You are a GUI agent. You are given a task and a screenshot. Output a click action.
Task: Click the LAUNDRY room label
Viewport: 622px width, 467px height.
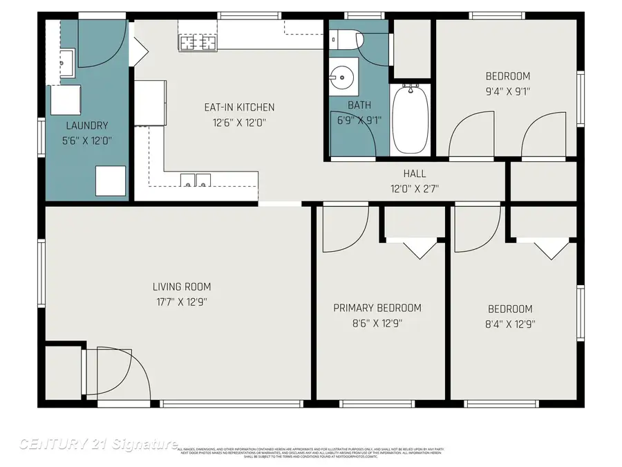click(87, 125)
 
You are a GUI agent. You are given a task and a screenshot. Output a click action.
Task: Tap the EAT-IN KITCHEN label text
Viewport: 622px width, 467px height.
click(239, 107)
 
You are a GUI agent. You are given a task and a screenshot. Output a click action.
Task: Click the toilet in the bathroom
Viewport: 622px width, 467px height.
click(353, 39)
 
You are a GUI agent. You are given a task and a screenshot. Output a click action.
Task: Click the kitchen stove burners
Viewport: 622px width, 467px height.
click(198, 43)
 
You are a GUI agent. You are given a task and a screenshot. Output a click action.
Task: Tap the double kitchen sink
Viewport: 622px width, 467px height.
click(196, 181)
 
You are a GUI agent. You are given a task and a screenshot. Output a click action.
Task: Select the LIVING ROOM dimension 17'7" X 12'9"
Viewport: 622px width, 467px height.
click(182, 302)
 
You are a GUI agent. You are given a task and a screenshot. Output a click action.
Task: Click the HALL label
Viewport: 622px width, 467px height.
click(415, 174)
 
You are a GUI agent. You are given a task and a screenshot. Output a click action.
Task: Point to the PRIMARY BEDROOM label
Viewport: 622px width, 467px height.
click(377, 308)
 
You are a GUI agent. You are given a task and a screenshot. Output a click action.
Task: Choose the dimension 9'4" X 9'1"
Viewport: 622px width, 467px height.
click(508, 90)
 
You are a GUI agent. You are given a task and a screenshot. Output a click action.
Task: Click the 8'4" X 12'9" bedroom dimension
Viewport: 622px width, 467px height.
click(510, 323)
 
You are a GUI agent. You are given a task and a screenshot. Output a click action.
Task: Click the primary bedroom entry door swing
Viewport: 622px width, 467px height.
click(343, 228)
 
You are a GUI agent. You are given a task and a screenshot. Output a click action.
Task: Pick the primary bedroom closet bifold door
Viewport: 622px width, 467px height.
click(415, 248)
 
